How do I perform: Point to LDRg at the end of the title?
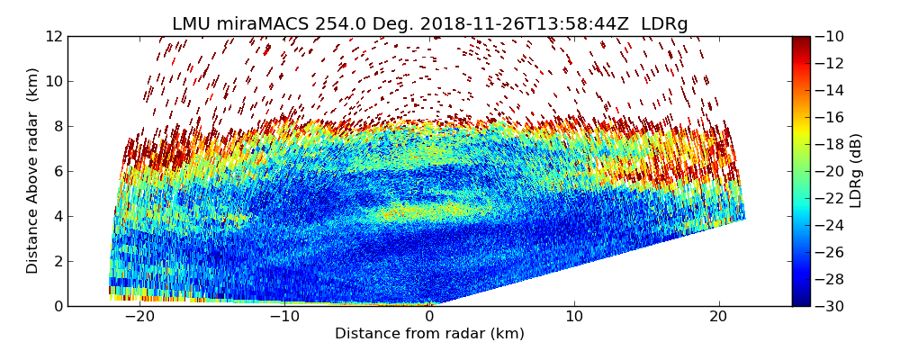pyautogui.click(x=664, y=24)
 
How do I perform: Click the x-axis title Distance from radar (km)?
pyautogui.click(x=429, y=334)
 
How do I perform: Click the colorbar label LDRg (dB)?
pyautogui.click(x=855, y=171)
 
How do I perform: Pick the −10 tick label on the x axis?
pyautogui.click(x=283, y=317)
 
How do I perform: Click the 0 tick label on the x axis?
pyautogui.click(x=429, y=317)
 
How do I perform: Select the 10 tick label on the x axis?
pyautogui.click(x=574, y=317)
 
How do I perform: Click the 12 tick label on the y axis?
pyautogui.click(x=54, y=36)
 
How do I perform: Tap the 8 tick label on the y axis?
pyautogui.click(x=58, y=126)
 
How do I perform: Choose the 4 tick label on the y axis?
pyautogui.click(x=58, y=216)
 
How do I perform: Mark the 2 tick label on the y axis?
pyautogui.click(x=58, y=261)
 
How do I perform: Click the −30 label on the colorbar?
pyautogui.click(x=832, y=306)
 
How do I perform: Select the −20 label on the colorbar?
pyautogui.click(x=832, y=171)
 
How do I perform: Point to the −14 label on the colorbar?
pyautogui.click(x=832, y=90)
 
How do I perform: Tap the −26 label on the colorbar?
pyautogui.click(x=832, y=252)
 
